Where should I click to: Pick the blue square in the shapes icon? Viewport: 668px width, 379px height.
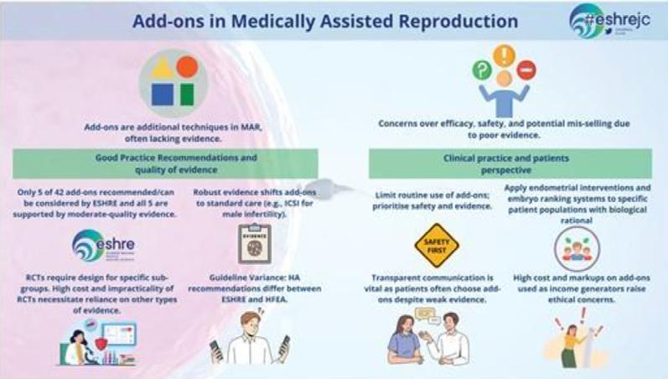(163, 93)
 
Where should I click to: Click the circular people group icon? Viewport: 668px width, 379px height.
(576, 248)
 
